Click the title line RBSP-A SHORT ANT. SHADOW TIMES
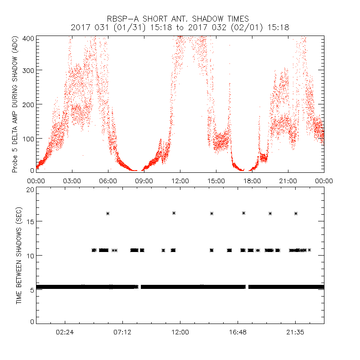180,19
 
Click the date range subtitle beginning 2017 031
180,28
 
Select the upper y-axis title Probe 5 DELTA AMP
15,104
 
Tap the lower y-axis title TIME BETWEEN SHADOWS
19,256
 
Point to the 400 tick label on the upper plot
28,39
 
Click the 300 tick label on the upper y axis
28,70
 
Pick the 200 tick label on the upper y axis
28,104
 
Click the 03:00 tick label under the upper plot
72,180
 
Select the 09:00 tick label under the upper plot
144,180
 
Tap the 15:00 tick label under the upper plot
216,180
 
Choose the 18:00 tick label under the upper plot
252,180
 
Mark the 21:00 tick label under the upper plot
288,180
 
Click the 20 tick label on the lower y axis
30,190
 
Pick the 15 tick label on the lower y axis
30,221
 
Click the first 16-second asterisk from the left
108,213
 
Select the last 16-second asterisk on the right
296,213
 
